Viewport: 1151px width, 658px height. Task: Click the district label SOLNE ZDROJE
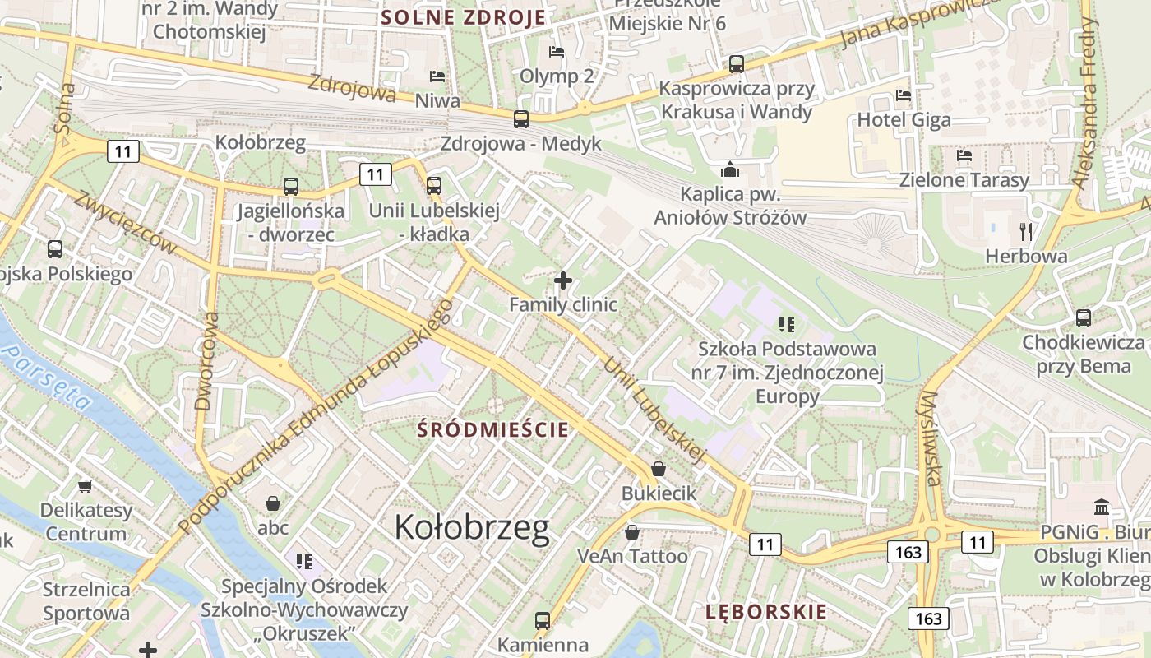464,17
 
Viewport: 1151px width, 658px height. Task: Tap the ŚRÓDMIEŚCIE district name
492,429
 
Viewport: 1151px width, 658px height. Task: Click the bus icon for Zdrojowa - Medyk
521,119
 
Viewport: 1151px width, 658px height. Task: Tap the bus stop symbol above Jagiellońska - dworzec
290,187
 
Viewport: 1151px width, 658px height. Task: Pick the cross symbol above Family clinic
563,281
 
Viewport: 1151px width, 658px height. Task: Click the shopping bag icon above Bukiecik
659,470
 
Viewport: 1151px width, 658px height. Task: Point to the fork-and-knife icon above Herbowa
1025,231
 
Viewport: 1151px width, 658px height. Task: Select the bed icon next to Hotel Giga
904,95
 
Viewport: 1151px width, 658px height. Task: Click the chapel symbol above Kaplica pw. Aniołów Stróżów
729,170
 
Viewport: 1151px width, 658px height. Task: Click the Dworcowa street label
207,360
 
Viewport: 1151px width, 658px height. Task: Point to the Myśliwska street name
930,438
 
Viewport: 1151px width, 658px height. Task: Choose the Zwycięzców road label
126,223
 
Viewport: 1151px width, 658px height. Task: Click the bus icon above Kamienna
543,621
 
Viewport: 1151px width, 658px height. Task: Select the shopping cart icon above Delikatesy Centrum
86,486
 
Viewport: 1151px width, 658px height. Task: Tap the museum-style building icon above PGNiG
1102,507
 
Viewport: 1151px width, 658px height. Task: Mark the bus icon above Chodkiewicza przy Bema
1084,318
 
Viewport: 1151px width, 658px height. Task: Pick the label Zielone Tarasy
964,180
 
